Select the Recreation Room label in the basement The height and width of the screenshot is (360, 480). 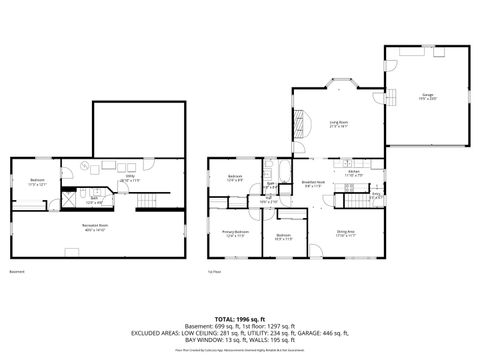pos(96,227)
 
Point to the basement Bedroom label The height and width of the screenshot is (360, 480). pos(36,182)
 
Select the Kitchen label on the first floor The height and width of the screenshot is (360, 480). pos(354,173)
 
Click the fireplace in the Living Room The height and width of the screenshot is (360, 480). pos(297,125)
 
